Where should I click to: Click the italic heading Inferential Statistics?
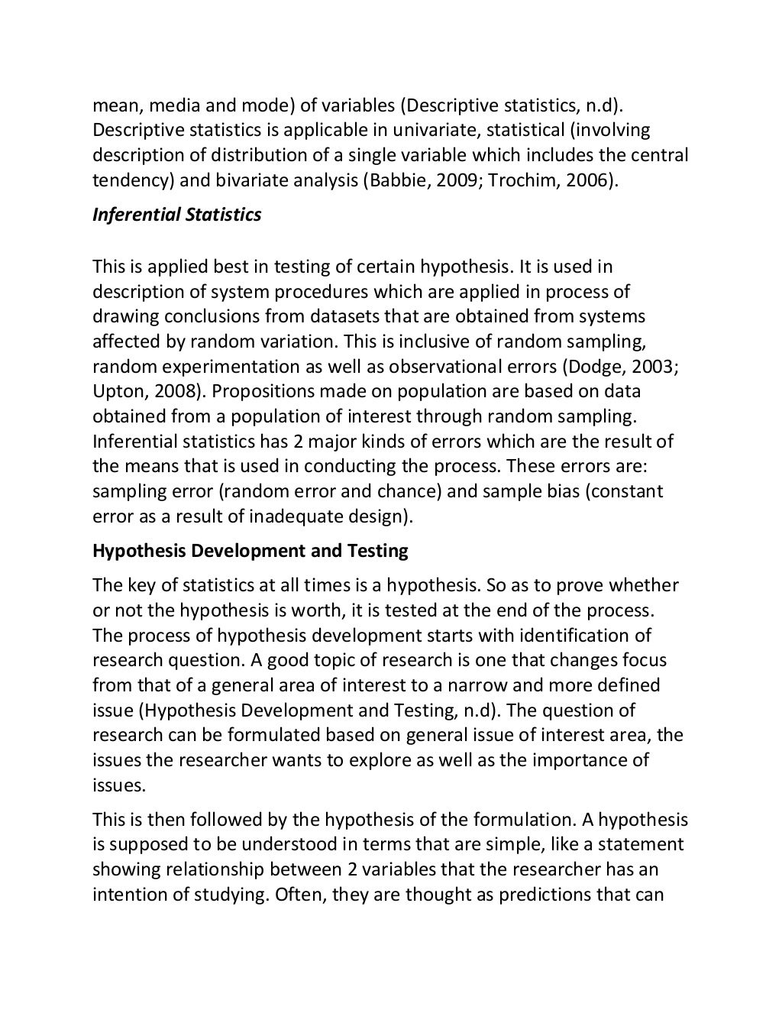click(176, 215)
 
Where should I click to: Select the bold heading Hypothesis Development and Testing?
click(250, 551)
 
